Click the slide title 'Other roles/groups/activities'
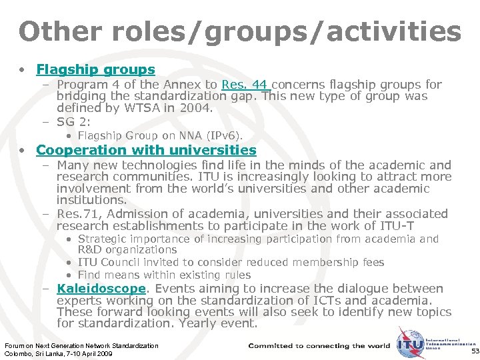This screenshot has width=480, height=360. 239,31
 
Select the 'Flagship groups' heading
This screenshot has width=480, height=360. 95,69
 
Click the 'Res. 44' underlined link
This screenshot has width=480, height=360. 245,85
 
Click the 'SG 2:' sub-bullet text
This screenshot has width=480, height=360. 74,122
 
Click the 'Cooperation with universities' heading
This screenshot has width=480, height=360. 146,151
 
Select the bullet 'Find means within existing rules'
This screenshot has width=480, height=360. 164,275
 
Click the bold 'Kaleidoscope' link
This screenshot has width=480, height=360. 101,289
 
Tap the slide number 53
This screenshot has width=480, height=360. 474,351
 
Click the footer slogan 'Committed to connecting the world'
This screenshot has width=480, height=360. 319,346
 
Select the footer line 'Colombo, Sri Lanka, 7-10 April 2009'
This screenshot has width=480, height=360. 59,353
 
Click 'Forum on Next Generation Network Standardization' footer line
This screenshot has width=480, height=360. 81,345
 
